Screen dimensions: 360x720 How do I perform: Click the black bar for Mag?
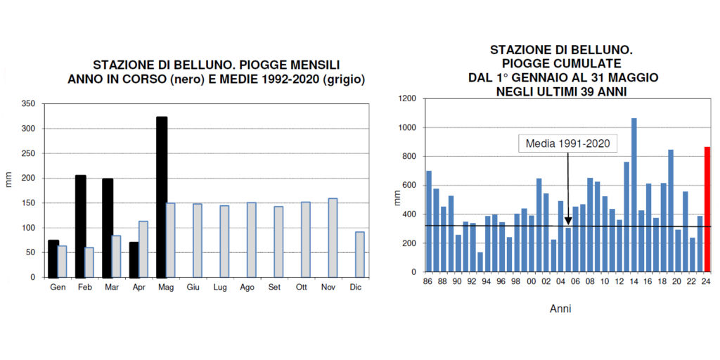(x=162, y=197)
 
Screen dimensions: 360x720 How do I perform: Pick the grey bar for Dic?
(x=359, y=254)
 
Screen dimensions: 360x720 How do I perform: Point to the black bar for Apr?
(x=134, y=259)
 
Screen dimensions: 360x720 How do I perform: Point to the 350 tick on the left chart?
(x=28, y=104)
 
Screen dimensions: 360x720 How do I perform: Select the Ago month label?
(x=247, y=288)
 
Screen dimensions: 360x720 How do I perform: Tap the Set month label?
(x=274, y=288)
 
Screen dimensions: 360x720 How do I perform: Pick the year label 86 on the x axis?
(x=428, y=282)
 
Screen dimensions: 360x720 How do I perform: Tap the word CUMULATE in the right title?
(x=591, y=63)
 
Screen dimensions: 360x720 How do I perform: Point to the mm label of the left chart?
(x=9, y=179)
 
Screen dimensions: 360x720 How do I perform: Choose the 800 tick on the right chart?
(x=412, y=157)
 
